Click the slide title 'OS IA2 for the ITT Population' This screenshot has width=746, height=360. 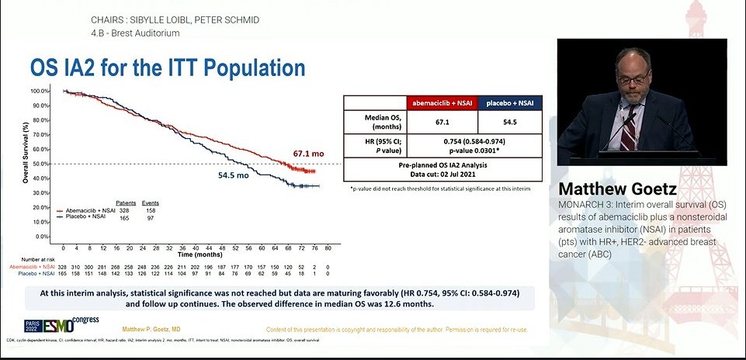click(167, 67)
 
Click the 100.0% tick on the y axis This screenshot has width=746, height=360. click(41, 91)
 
